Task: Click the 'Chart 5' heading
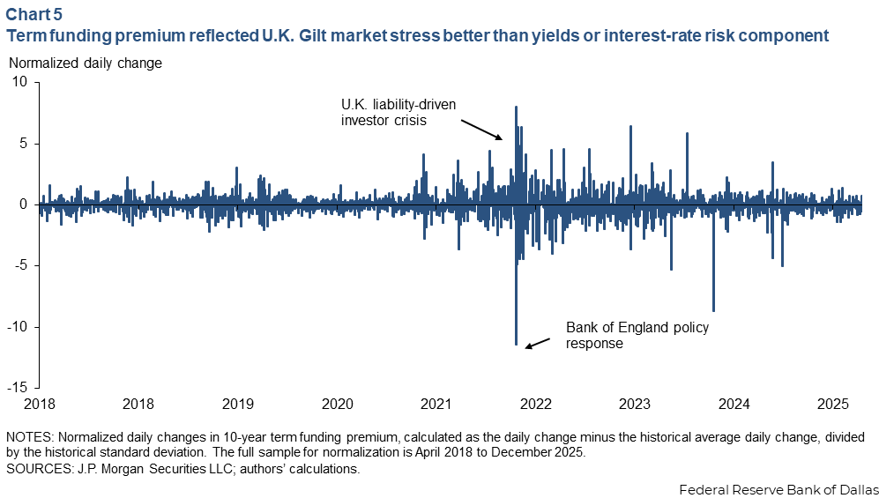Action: click(x=34, y=13)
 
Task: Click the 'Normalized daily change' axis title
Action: click(x=86, y=63)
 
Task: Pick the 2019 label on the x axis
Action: click(x=238, y=404)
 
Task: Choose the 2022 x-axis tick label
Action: click(x=536, y=404)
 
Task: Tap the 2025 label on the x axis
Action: click(x=833, y=404)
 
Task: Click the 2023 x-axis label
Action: click(x=635, y=404)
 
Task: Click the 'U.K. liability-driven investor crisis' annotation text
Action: click(x=399, y=112)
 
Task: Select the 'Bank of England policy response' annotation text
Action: click(x=637, y=335)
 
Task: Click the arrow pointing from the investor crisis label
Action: click(x=481, y=130)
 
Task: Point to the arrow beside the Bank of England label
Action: click(x=537, y=343)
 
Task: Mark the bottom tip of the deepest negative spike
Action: click(x=516, y=344)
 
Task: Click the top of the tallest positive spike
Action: click(x=516, y=107)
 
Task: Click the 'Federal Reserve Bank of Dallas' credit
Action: click(x=778, y=489)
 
